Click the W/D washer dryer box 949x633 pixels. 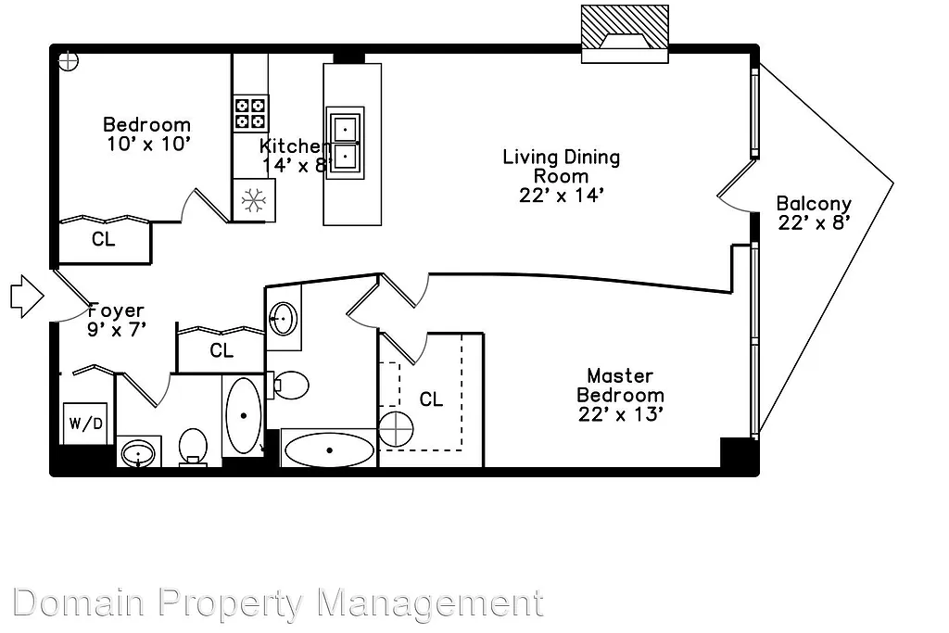(84, 424)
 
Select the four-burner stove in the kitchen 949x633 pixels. (250, 113)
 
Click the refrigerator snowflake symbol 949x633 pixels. (253, 198)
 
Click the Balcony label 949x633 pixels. (813, 204)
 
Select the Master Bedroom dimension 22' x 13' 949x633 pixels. (620, 414)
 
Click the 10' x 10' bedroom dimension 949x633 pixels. (148, 144)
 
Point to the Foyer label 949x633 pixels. (116, 311)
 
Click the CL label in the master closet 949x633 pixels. (431, 399)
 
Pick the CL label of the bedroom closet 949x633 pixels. (104, 239)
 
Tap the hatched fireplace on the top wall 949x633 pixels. (625, 34)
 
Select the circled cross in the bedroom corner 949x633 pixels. (68, 62)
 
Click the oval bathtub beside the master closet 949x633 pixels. (329, 450)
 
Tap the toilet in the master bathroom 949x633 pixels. (291, 385)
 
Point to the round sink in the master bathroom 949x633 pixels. (284, 319)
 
